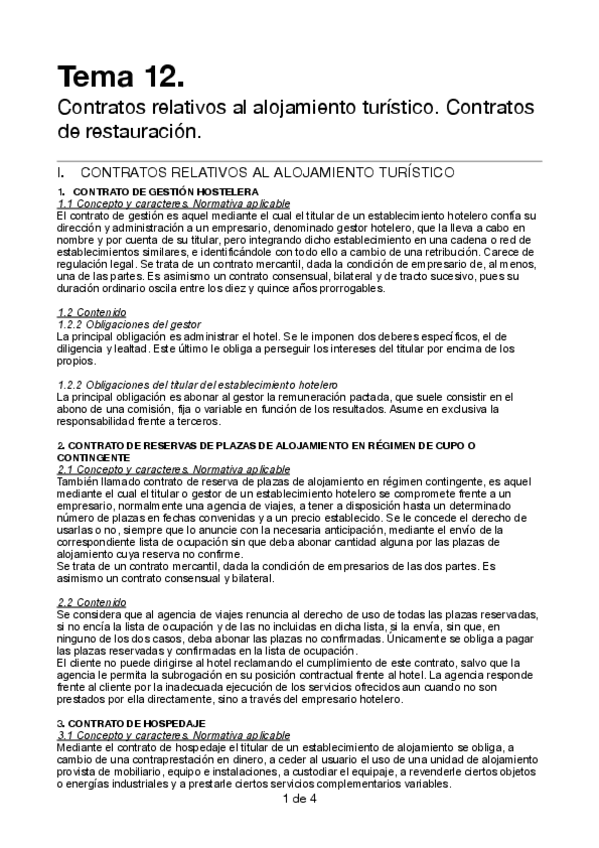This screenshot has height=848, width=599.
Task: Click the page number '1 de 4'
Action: point(300,799)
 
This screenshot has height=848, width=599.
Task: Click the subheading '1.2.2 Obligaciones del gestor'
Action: point(129,324)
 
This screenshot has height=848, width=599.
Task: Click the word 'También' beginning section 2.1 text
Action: point(79,481)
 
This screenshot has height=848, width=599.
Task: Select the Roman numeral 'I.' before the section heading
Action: point(62,172)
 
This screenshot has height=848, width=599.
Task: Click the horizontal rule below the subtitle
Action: point(300,162)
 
